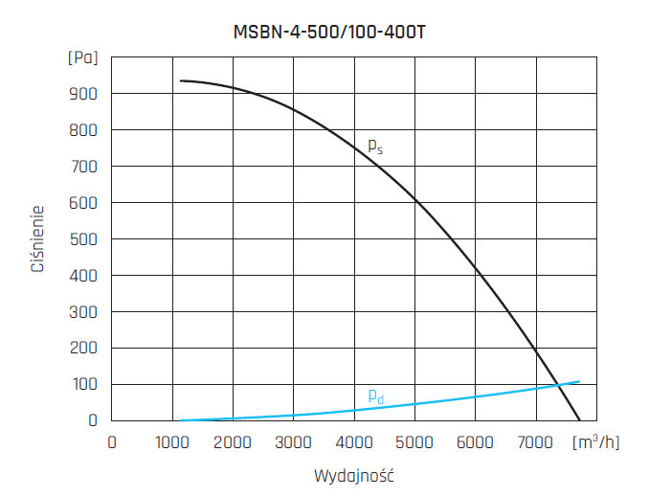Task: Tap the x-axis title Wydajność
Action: (354, 475)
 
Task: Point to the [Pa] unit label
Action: (83, 57)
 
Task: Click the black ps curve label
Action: (375, 147)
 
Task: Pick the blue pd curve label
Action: (375, 395)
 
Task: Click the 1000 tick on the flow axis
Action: (173, 442)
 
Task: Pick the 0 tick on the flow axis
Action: (113, 442)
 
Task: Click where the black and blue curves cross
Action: (558, 385)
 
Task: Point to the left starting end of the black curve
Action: (180, 80)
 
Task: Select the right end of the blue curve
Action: (579, 381)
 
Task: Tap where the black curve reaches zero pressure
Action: (579, 419)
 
